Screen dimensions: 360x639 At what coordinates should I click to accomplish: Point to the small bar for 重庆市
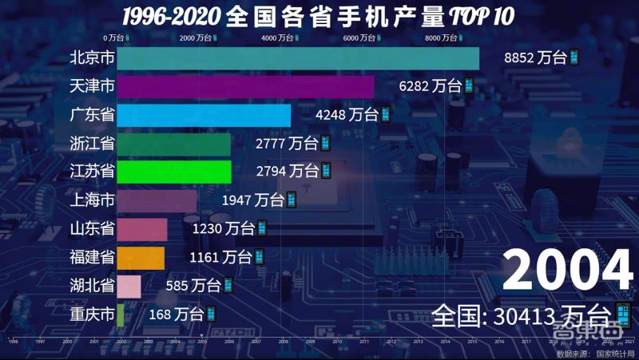(121, 315)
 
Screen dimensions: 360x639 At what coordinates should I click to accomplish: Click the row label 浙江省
(92, 144)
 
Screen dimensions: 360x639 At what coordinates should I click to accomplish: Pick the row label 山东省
(92, 229)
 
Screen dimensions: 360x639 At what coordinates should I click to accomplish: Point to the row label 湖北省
(92, 286)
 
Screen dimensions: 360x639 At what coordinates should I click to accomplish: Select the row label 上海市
(92, 200)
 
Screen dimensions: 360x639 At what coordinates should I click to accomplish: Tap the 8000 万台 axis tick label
(444, 38)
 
